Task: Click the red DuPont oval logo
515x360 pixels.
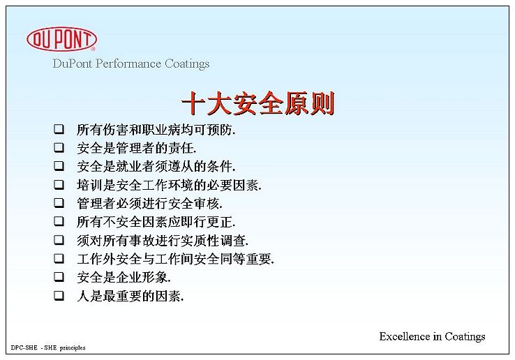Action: pyautogui.click(x=61, y=39)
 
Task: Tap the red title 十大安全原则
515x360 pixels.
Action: pyautogui.click(x=257, y=103)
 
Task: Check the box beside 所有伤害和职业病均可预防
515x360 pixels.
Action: pyautogui.click(x=59, y=129)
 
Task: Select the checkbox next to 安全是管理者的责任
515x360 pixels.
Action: pyautogui.click(x=59, y=147)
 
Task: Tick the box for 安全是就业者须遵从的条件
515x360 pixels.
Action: pyautogui.click(x=59, y=165)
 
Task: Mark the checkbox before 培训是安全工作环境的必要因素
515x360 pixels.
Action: pyautogui.click(x=59, y=184)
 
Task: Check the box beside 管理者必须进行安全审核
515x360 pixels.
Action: pyautogui.click(x=59, y=202)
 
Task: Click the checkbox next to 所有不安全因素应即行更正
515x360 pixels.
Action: pyautogui.click(x=59, y=221)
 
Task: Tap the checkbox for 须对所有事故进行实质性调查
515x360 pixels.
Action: pyautogui.click(x=59, y=240)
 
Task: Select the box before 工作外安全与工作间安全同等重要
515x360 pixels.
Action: pyautogui.click(x=59, y=258)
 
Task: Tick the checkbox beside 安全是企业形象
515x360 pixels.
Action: pyautogui.click(x=59, y=277)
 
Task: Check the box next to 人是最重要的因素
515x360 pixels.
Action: pyautogui.click(x=59, y=296)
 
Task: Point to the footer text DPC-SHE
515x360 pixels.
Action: pyautogui.click(x=24, y=347)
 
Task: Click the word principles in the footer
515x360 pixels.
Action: pyautogui.click(x=73, y=348)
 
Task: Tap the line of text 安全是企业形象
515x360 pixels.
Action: pyautogui.click(x=124, y=278)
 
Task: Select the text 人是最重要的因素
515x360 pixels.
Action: pyautogui.click(x=130, y=297)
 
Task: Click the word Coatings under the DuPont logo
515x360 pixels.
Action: pyautogui.click(x=187, y=63)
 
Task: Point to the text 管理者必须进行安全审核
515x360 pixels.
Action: pyautogui.click(x=150, y=203)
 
